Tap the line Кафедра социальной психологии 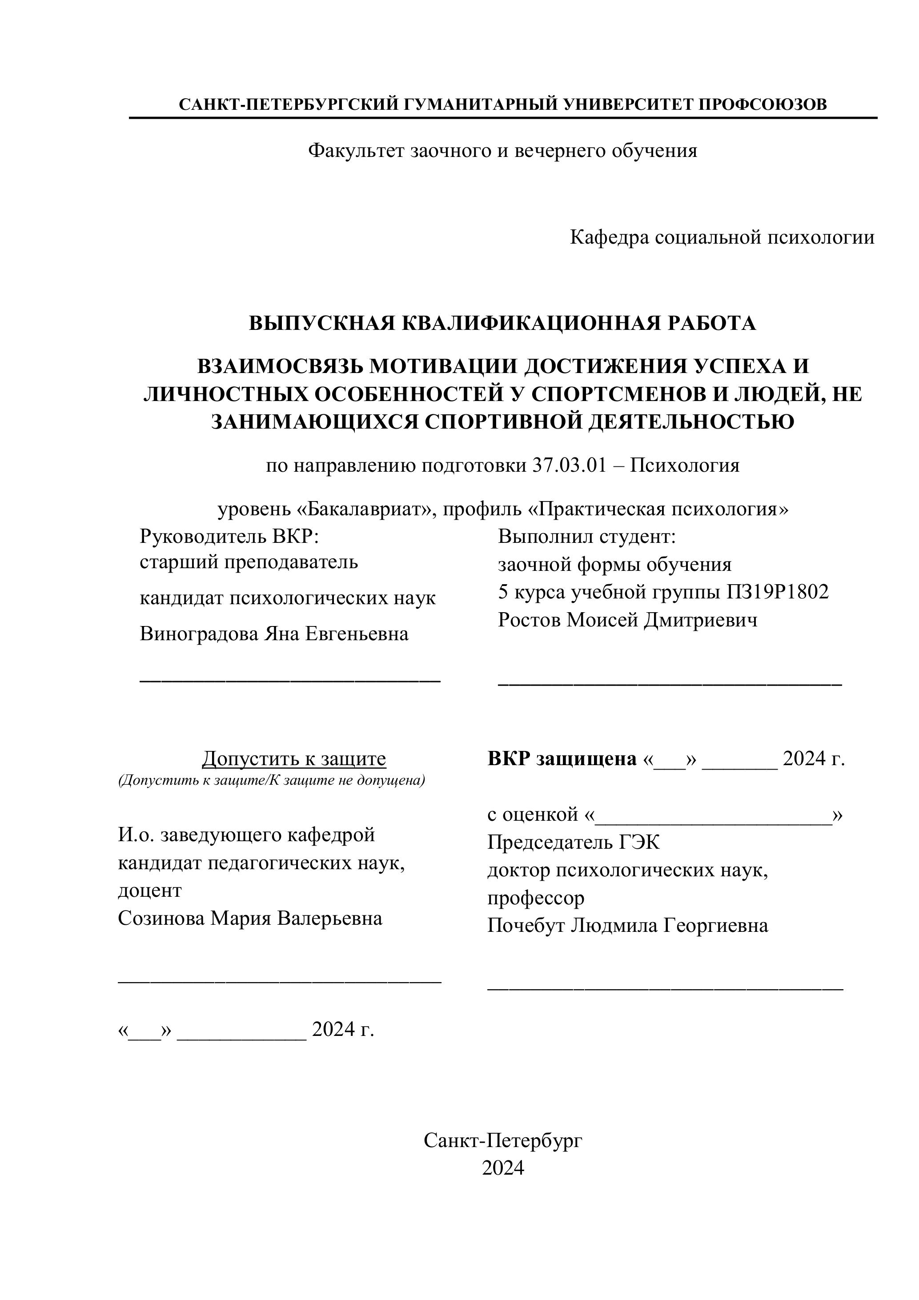pyautogui.click(x=722, y=237)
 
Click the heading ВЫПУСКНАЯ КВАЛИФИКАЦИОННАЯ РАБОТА pyautogui.click(x=502, y=323)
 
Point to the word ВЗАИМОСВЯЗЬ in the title pyautogui.click(x=281, y=367)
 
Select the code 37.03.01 pyautogui.click(x=570, y=465)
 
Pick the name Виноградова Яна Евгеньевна pyautogui.click(x=274, y=634)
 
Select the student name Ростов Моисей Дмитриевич pyautogui.click(x=627, y=621)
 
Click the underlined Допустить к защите pyautogui.click(x=294, y=759)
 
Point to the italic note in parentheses pyautogui.click(x=271, y=781)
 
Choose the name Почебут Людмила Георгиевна pyautogui.click(x=627, y=926)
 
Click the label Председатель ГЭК pyautogui.click(x=573, y=843)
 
